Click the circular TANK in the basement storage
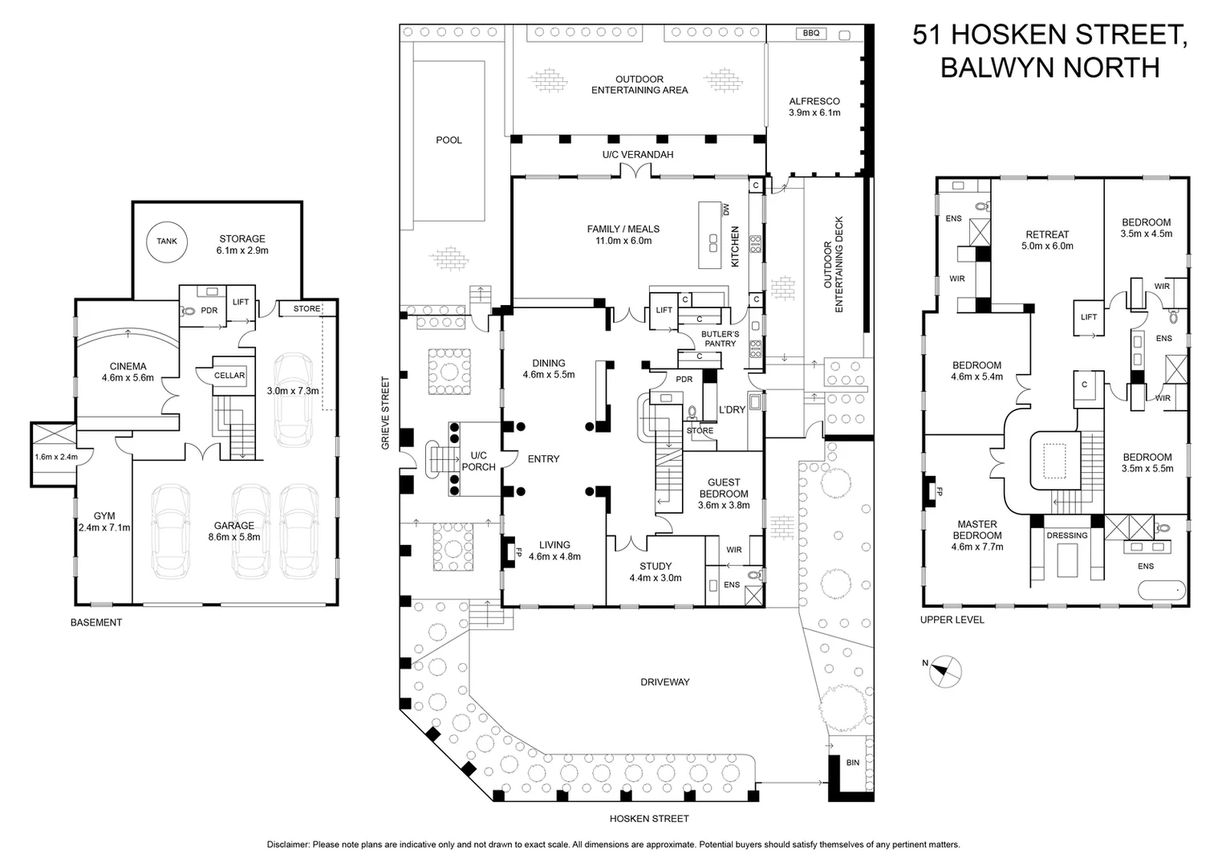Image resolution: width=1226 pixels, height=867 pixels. pos(167,242)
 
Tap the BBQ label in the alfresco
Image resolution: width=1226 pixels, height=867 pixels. pos(811,34)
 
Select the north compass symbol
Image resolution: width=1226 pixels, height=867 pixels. pos(944,671)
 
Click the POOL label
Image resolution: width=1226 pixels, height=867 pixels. pos(449,140)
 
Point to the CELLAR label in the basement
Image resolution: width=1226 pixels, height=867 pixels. pos(229,375)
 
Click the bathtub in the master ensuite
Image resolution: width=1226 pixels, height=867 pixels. pos(1162,590)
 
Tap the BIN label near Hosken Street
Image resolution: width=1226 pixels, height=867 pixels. pos(853,763)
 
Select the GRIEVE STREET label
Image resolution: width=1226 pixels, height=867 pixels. pos(386,413)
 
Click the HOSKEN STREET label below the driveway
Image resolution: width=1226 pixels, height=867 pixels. pos(649,818)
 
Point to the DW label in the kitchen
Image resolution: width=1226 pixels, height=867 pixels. pos(727,210)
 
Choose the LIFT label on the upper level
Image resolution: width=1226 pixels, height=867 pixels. pos(1089,316)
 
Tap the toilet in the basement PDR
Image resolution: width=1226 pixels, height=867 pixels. pos(188,311)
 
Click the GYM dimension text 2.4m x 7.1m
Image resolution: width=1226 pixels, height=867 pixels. pos(104,527)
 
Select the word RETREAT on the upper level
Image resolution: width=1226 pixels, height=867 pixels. pos(1047,234)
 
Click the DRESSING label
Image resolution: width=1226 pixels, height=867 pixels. pos(1066,535)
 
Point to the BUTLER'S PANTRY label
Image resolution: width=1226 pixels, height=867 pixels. pos(721,339)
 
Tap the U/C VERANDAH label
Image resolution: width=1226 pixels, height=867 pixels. pos(638,155)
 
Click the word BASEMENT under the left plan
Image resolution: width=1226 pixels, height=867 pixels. pos(96,622)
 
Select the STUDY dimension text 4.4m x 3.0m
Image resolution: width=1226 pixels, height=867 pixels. pos(656,578)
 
